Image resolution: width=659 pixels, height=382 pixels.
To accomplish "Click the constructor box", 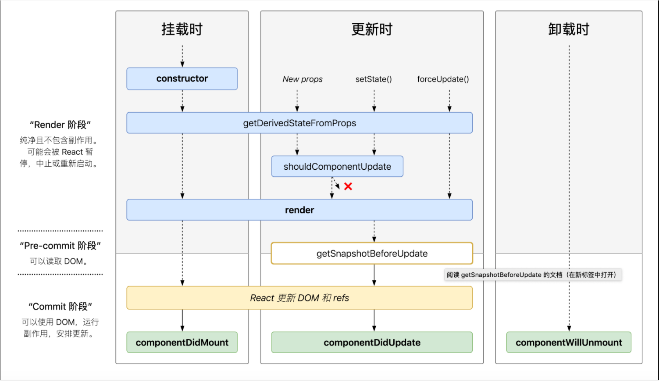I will (182, 79).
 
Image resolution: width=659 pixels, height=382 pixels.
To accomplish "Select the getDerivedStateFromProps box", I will (299, 123).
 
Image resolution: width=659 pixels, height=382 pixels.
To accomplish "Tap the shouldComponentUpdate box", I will (337, 167).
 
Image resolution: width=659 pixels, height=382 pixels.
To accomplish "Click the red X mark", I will (348, 186).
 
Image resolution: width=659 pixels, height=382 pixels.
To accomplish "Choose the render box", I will (299, 210).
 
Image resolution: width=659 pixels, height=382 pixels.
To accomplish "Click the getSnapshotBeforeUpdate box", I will (372, 253).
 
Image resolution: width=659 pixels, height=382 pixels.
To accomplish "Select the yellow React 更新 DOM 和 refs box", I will (299, 298).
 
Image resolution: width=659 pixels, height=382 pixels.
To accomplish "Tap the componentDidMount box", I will (182, 343).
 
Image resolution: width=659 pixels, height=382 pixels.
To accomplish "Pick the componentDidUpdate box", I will (372, 343).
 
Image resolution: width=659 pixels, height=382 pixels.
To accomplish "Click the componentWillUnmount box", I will (569, 343).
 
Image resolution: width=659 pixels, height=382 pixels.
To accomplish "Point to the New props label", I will (303, 79).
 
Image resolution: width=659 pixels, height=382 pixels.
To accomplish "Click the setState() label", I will (374, 79).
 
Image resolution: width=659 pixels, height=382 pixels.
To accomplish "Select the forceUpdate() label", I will (443, 79).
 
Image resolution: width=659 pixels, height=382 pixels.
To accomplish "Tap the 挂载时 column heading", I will (182, 29).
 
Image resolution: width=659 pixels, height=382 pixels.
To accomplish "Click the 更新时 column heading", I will (372, 29).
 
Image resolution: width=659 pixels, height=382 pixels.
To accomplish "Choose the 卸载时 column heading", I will (569, 29).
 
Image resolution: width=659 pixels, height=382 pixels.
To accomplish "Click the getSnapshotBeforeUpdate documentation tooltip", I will (533, 275).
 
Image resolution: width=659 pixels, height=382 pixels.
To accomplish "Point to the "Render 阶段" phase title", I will (60, 125).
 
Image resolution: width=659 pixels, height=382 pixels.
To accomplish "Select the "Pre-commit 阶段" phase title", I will (60, 246).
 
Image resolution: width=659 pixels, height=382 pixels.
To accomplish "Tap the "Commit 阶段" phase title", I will (60, 307).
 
